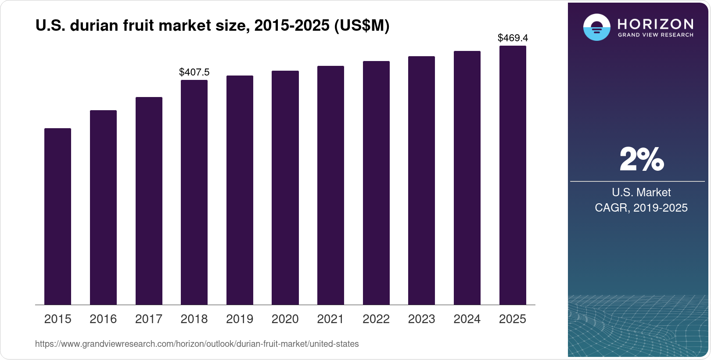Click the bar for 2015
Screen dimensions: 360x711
click(x=57, y=216)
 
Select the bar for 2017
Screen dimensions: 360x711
click(x=149, y=201)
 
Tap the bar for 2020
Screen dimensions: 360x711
click(x=285, y=187)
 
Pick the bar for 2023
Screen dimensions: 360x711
click(x=421, y=180)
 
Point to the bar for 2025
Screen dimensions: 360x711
click(x=513, y=175)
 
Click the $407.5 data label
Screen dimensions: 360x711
click(x=194, y=72)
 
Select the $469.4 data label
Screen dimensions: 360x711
click(x=513, y=38)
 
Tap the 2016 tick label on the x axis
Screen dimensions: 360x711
click(x=103, y=319)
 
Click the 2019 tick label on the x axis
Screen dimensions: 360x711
click(x=240, y=319)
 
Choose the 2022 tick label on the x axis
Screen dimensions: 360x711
click(x=376, y=319)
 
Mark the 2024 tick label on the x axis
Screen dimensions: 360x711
click(x=467, y=319)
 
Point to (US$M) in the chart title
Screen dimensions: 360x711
click(x=362, y=26)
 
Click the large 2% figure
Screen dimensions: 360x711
click(x=641, y=159)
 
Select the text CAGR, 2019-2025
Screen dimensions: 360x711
click(x=641, y=208)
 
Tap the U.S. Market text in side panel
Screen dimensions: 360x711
click(x=641, y=192)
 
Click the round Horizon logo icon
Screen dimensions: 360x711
click(x=596, y=27)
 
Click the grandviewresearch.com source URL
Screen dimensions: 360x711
click(x=197, y=344)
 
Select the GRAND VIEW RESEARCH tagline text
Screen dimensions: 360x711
click(x=655, y=35)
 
